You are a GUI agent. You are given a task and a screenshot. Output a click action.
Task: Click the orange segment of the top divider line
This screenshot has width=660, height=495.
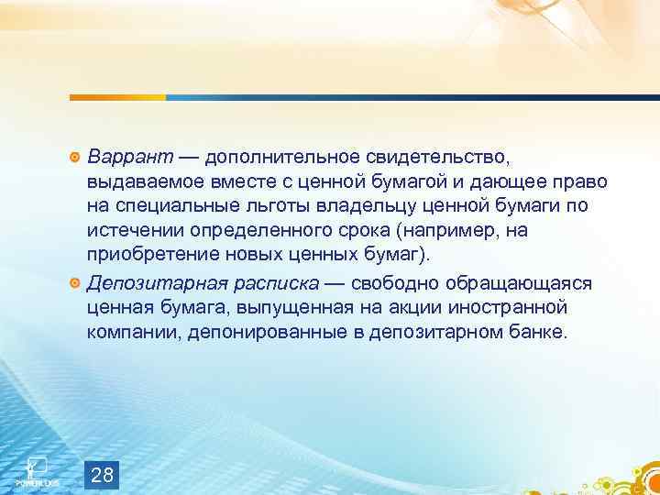point(119,96)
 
